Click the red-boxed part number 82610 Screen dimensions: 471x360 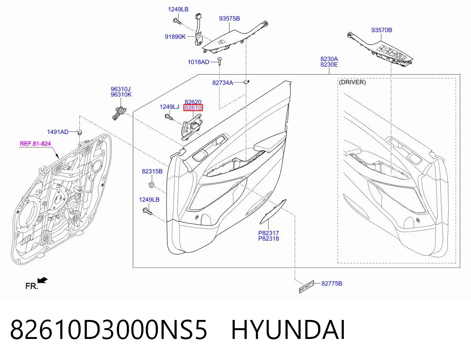193,107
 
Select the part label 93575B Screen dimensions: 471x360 229,19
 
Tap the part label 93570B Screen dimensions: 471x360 381,30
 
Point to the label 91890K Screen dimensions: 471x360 175,37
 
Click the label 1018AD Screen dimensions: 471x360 198,62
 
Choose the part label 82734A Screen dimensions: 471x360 223,83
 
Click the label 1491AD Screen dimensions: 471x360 58,132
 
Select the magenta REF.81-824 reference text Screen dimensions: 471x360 35,144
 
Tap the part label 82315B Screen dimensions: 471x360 152,171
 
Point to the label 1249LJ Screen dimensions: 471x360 169,107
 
